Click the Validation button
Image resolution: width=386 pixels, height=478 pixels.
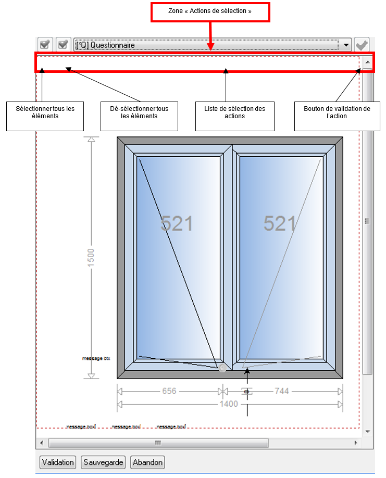pyautogui.click(x=57, y=462)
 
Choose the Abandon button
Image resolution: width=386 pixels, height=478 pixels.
pyautogui.click(x=148, y=462)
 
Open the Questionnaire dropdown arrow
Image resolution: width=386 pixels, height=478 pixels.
pyautogui.click(x=347, y=45)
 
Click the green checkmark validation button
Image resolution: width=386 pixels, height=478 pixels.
pyautogui.click(x=362, y=45)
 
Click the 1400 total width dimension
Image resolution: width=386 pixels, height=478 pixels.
pyautogui.click(x=228, y=404)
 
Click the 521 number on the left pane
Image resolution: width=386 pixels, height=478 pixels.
pyautogui.click(x=177, y=223)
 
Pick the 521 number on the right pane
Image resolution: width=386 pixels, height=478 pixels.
pyautogui.click(x=280, y=223)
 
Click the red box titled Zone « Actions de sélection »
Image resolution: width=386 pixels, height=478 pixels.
pyautogui.click(x=210, y=12)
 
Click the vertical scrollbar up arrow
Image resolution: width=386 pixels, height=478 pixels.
pyautogui.click(x=367, y=62)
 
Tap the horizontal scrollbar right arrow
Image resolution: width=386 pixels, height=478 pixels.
pyautogui.click(x=356, y=443)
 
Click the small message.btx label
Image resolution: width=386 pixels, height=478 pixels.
pyautogui.click(x=96, y=359)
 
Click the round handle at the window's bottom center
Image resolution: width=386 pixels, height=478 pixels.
pyautogui.click(x=223, y=368)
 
